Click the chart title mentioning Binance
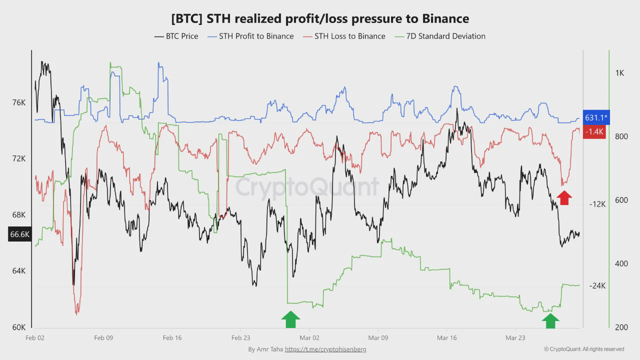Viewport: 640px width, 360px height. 320,19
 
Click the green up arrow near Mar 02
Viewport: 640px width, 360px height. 290,319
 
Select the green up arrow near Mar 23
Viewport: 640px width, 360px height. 550,320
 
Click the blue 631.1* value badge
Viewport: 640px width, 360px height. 596,118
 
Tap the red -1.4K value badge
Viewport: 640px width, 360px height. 595,131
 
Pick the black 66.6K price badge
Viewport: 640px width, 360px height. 19,234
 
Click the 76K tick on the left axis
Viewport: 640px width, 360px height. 18,102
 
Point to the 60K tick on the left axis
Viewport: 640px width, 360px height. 18,327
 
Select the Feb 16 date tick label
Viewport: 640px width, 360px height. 172,338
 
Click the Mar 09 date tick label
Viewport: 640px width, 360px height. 378,338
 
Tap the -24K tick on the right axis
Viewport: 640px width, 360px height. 597,286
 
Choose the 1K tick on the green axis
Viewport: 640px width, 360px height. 619,73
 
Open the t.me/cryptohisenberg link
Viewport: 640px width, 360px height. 325,349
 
